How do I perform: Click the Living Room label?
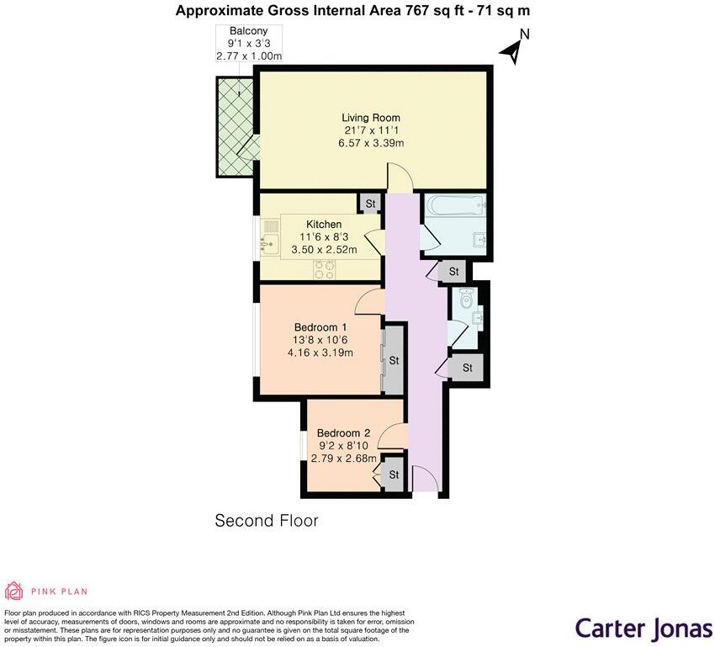(371, 118)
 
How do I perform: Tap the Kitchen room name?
(324, 225)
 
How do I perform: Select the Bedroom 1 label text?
(320, 327)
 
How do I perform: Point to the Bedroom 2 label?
(343, 433)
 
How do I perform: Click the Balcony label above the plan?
(248, 31)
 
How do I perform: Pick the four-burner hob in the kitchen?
(324, 269)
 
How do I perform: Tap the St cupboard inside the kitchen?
(370, 204)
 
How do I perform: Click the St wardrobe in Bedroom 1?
(394, 360)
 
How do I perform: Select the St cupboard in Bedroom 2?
(394, 475)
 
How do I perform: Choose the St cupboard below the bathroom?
(453, 271)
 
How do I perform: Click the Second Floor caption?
(267, 520)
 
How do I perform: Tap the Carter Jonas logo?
(643, 628)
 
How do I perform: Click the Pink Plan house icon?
(13, 591)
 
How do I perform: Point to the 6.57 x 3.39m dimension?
(371, 143)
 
